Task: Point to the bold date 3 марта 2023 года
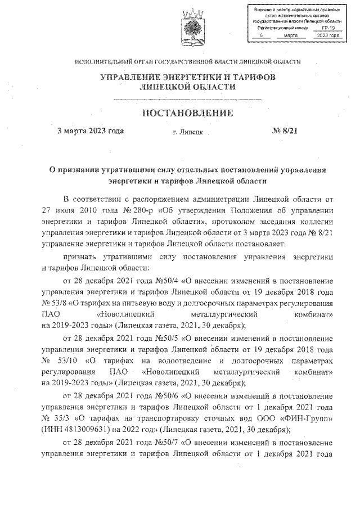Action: point(91,132)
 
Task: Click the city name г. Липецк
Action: point(188,133)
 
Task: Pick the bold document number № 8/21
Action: point(287,132)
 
